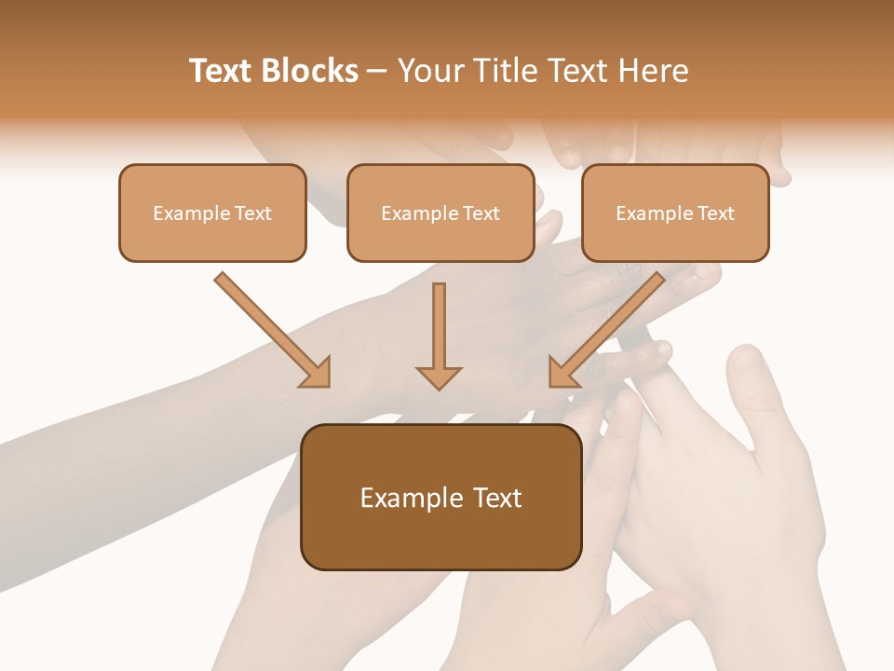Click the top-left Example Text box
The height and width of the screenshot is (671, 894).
(x=212, y=212)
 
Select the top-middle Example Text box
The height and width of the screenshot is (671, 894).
(x=440, y=212)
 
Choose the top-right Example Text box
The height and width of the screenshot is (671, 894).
(x=675, y=212)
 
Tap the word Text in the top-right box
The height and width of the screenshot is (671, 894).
(x=715, y=213)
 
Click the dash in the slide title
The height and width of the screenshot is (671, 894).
(x=378, y=71)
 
